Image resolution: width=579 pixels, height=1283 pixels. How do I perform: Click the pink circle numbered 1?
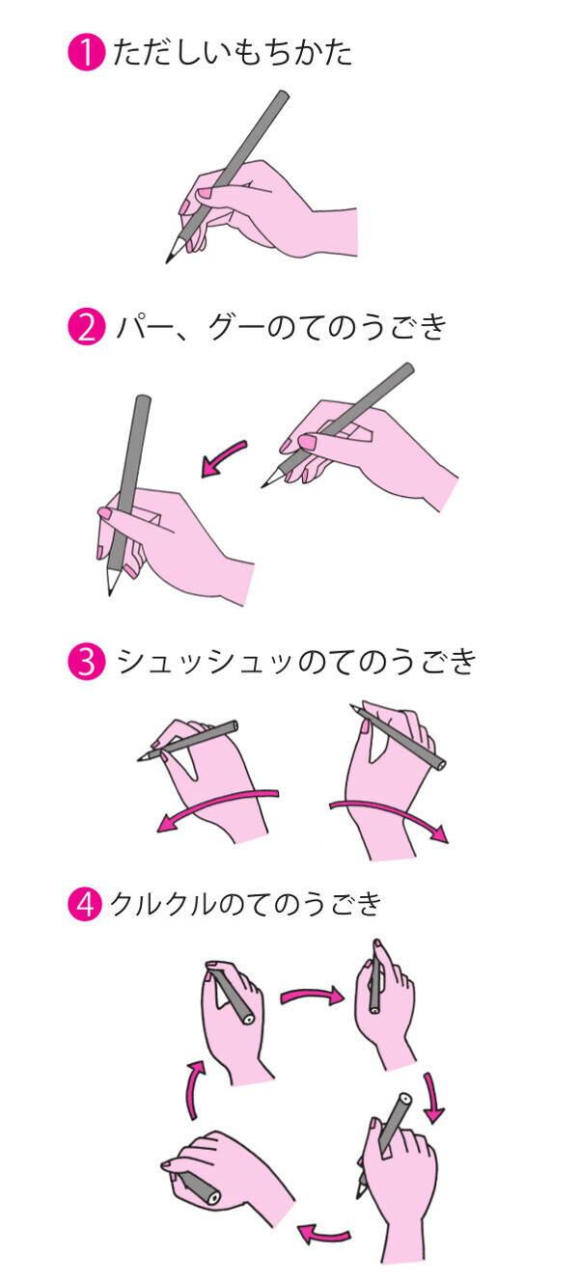84,54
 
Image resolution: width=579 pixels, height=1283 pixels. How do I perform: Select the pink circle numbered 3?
84,663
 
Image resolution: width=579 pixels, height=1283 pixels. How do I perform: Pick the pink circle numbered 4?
84,906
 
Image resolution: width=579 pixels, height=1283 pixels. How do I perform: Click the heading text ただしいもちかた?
233,53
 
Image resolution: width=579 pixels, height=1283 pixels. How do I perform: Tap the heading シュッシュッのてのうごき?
295,663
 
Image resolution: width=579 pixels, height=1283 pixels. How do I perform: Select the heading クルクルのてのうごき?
247,905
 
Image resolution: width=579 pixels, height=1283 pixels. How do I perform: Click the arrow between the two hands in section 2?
223,458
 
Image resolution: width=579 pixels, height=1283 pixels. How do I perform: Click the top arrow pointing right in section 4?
312,994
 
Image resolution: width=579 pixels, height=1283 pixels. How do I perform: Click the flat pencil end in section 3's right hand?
440,765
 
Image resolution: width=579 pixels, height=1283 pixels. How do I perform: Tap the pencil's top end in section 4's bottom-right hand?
403,1099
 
